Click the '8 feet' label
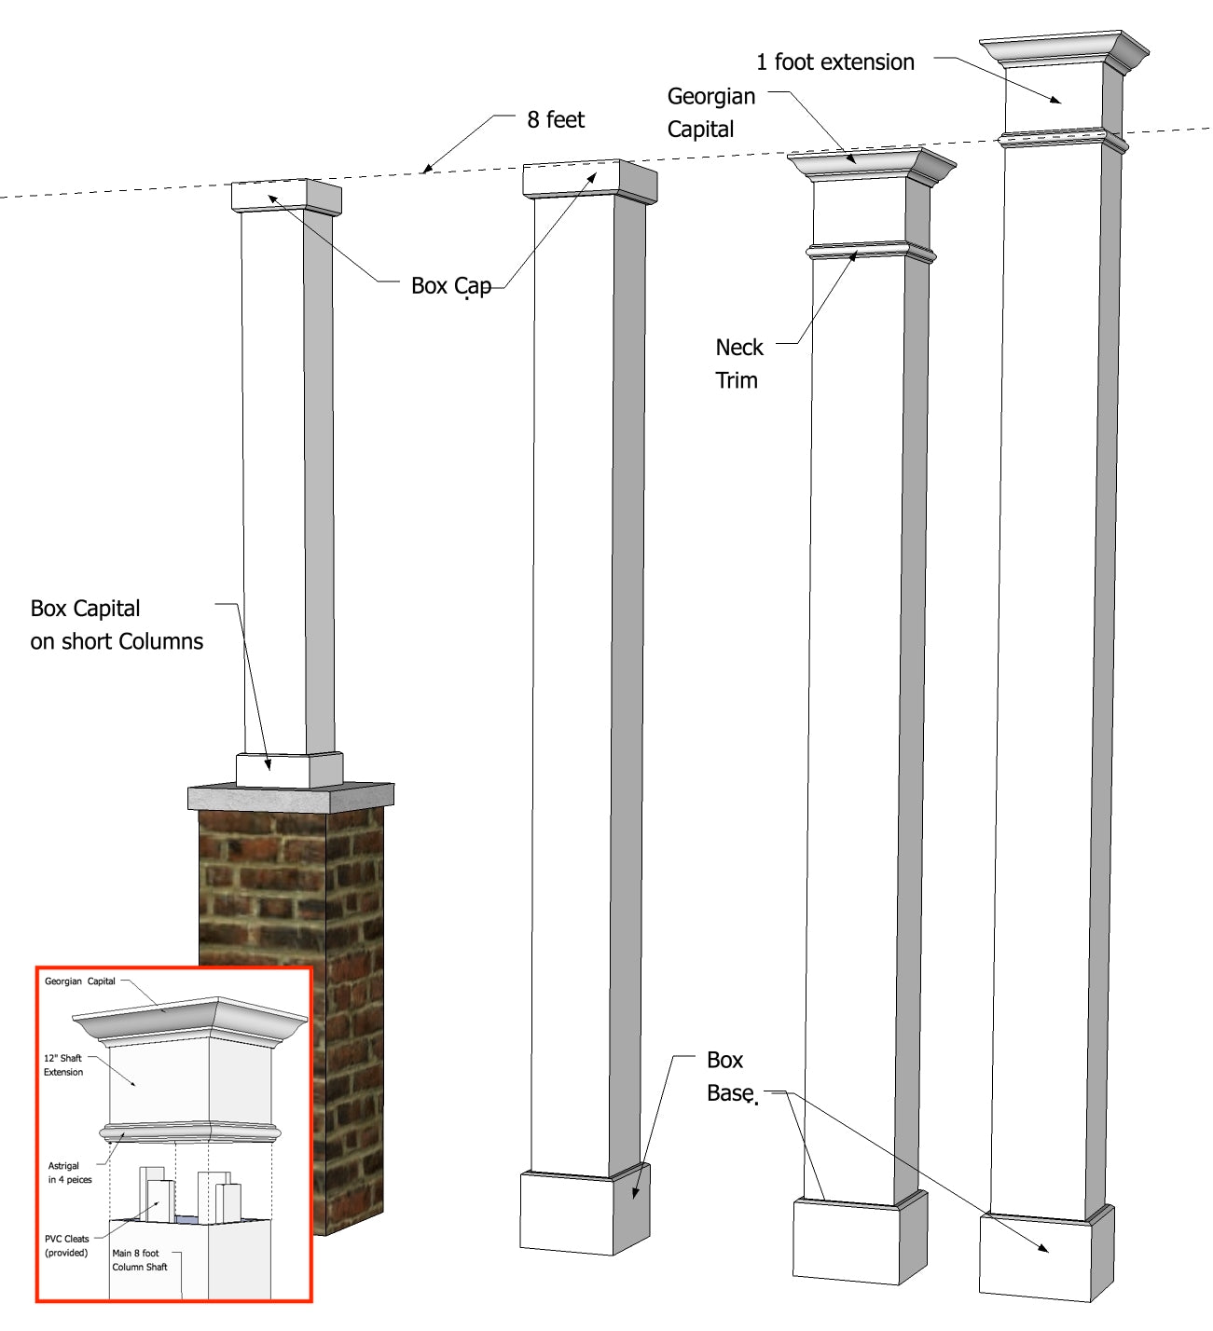click(x=556, y=120)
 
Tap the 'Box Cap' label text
click(x=450, y=286)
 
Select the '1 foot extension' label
click(x=834, y=62)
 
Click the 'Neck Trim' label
click(x=737, y=364)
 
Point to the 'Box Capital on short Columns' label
click(x=116, y=624)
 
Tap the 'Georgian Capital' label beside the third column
click(x=710, y=113)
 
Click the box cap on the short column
click(x=284, y=197)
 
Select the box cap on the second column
click(x=587, y=179)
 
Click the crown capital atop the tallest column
click(x=1063, y=51)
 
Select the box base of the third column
click(x=858, y=1240)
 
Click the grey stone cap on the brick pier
click(x=290, y=797)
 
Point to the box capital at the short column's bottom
click(x=287, y=769)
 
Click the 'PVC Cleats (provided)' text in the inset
click(x=66, y=1246)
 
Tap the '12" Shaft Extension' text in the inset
click(x=63, y=1065)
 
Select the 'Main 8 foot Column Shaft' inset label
click(x=140, y=1260)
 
